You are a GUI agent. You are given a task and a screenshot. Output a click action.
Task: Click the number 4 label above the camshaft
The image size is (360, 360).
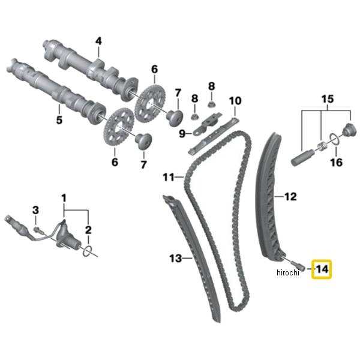[x=98, y=41]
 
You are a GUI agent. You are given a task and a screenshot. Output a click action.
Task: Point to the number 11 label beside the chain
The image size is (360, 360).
[x=169, y=177]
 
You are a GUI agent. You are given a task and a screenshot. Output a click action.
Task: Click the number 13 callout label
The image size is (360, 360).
[x=175, y=259]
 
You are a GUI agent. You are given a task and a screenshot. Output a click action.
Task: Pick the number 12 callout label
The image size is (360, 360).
[x=290, y=196]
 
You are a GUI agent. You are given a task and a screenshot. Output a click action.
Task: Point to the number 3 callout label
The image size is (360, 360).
[x=35, y=209]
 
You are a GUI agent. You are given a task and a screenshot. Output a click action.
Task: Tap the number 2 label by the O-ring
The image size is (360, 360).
[x=88, y=230]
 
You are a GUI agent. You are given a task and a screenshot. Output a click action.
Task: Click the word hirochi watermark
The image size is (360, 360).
[x=287, y=273]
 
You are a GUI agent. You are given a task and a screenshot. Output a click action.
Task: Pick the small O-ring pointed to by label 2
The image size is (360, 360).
[x=88, y=250]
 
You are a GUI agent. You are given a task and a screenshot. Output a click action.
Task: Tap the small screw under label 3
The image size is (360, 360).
[x=37, y=229]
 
